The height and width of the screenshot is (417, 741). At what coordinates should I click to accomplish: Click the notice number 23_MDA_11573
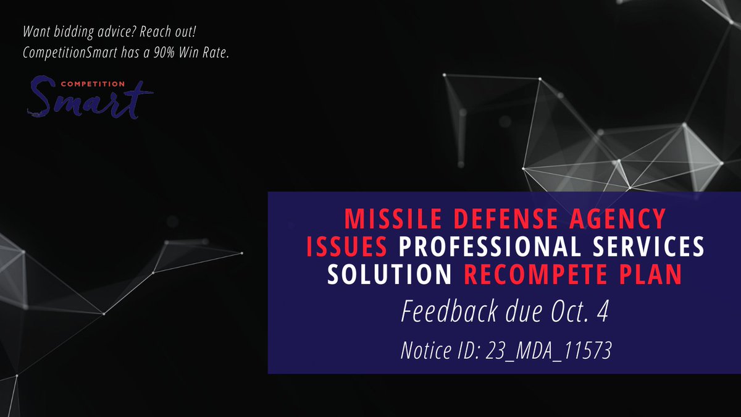coord(549,352)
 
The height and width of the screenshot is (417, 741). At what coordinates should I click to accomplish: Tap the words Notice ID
coord(441,352)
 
